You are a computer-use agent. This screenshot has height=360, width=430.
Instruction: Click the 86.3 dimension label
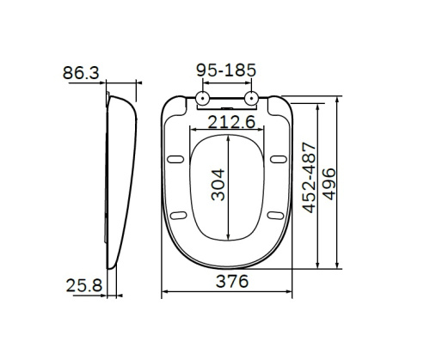pyautogui.click(x=80, y=74)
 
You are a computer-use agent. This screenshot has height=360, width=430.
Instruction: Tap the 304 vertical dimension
pyautogui.click(x=221, y=184)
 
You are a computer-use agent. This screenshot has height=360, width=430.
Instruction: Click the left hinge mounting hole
pyautogui.click(x=202, y=99)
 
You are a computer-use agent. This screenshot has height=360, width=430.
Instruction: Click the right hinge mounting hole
pyautogui.click(x=251, y=99)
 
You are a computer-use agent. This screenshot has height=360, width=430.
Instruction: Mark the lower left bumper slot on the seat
pyautogui.click(x=179, y=216)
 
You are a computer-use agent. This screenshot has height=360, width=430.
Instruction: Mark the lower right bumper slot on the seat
pyautogui.click(x=276, y=216)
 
